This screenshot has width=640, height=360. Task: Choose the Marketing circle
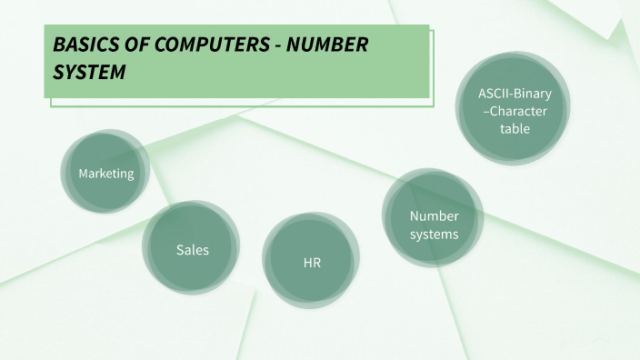[105, 173]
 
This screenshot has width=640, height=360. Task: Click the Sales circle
[192, 249]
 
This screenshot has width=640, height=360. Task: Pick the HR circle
[312, 262]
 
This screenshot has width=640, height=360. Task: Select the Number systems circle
[434, 225]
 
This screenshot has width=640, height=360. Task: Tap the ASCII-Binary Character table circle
[515, 111]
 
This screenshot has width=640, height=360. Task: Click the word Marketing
[105, 174]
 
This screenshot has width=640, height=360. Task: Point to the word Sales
[192, 249]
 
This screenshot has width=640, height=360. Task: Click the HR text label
[312, 263]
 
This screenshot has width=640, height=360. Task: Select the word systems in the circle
[434, 234]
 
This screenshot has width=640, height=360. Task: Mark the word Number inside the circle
[434, 216]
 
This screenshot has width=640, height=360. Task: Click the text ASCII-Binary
[515, 95]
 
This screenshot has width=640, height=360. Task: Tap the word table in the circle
[515, 128]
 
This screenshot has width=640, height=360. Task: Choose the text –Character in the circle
[515, 111]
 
